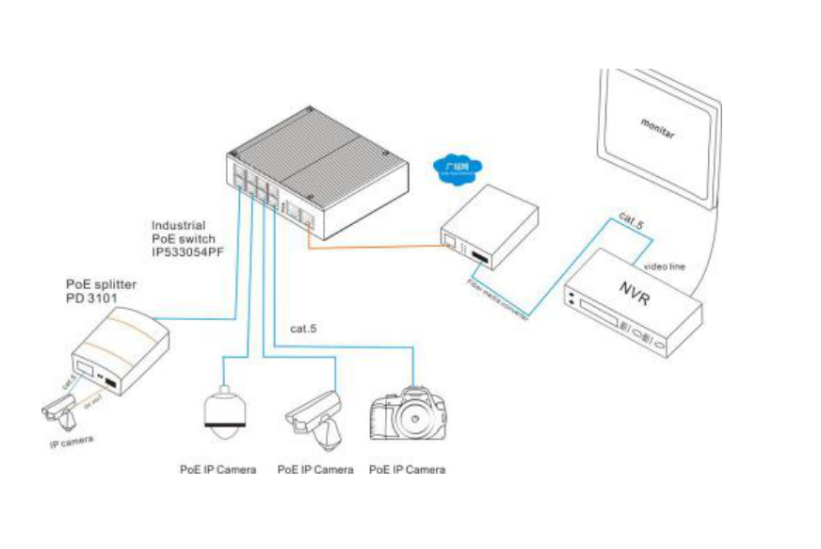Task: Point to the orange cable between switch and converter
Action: pyautogui.click(x=377, y=250)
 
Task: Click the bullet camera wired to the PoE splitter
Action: pyautogui.click(x=58, y=407)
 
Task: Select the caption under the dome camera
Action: pyautogui.click(x=218, y=469)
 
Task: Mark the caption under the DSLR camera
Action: pyautogui.click(x=407, y=469)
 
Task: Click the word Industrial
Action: pyautogui.click(x=179, y=227)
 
